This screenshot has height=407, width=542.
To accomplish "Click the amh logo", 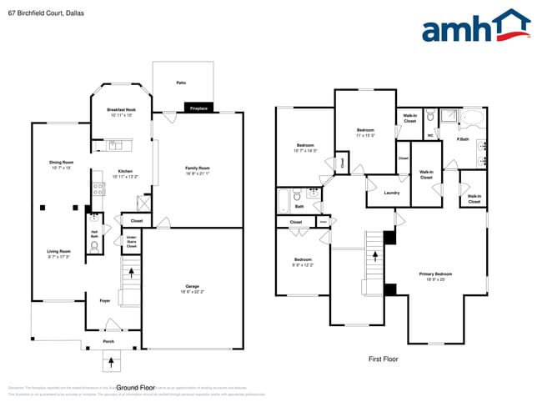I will click(x=475, y=27).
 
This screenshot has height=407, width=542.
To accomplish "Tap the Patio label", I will click(x=181, y=83).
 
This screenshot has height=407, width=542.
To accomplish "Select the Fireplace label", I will click(x=198, y=108).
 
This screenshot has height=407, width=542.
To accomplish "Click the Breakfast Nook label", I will click(x=122, y=110).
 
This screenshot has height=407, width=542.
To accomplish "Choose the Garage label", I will click(x=192, y=289).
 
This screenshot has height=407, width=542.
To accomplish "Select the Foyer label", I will click(x=105, y=300).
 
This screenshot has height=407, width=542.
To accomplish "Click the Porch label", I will click(x=108, y=341).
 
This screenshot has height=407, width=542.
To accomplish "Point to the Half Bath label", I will click(x=94, y=234).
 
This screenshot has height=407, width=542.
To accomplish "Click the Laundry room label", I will click(x=392, y=193).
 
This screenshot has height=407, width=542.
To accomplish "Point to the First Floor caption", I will click(x=384, y=359).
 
